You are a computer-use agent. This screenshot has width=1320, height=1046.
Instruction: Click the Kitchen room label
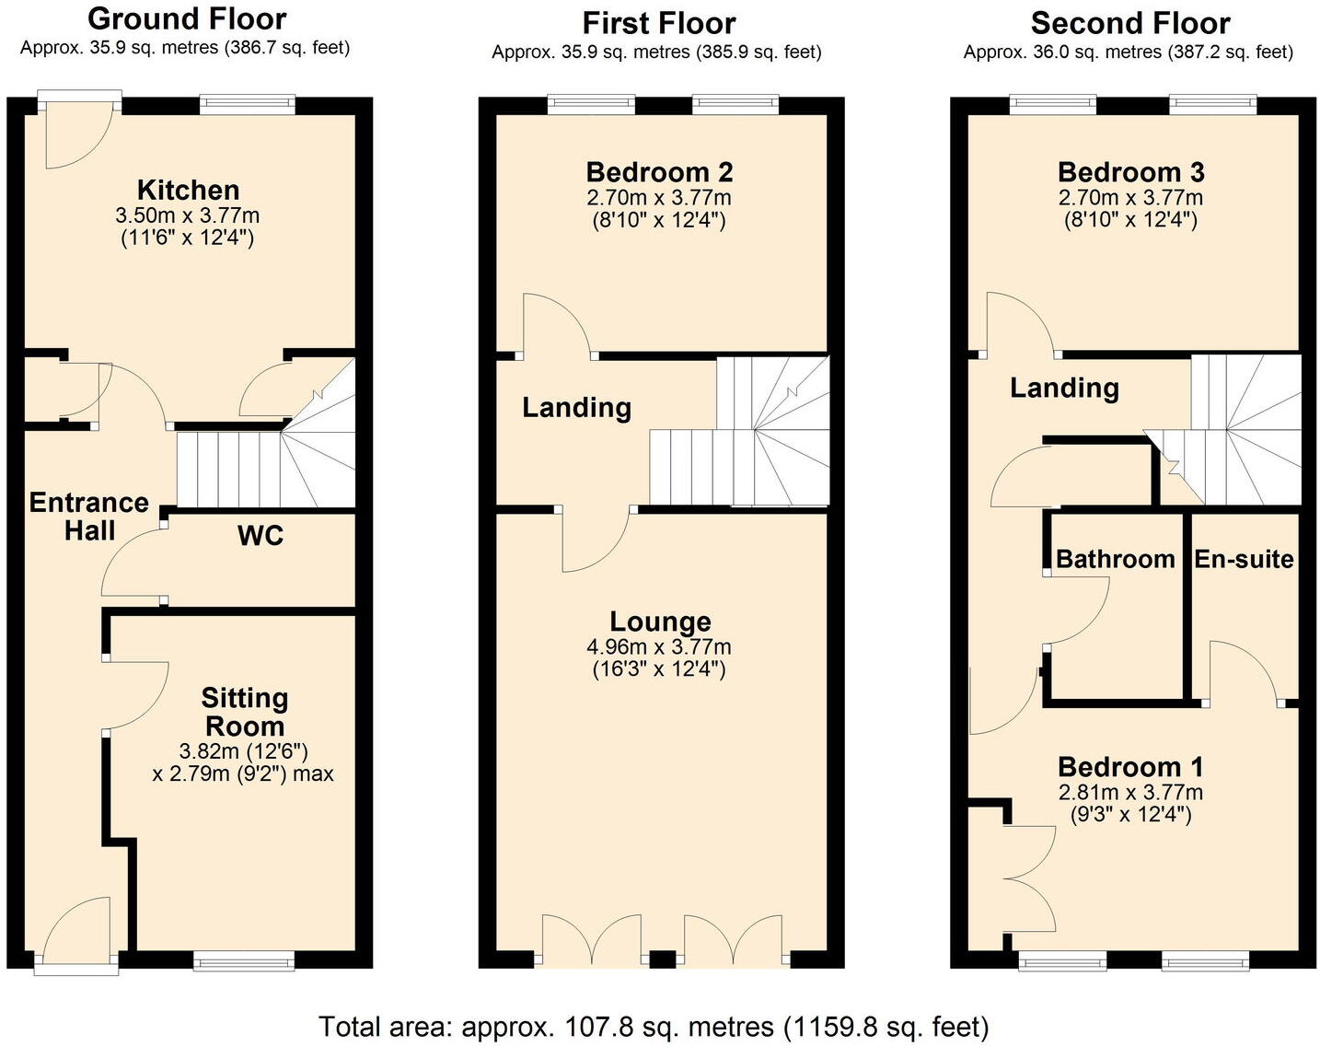point(188,191)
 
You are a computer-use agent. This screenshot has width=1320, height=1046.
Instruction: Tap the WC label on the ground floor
point(261,536)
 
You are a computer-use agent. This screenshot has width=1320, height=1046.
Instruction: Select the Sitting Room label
point(245,712)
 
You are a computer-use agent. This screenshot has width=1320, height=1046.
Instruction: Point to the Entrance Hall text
point(88,517)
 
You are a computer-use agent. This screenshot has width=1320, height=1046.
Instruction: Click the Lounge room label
point(660,622)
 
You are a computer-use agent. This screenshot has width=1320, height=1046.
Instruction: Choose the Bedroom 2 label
point(659,172)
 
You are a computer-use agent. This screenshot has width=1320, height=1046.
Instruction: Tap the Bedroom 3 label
point(1130,172)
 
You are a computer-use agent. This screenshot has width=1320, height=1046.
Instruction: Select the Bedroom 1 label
point(1130,767)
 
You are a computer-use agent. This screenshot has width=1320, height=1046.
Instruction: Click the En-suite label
point(1244,559)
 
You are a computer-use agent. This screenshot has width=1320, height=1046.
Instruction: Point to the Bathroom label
point(1115,559)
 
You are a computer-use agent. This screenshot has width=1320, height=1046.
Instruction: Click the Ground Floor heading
point(187,18)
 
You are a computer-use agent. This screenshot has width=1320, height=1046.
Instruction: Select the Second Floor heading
point(1129,23)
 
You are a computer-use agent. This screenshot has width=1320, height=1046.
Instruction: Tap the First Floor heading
point(659,23)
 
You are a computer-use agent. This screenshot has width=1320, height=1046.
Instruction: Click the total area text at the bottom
point(654,1026)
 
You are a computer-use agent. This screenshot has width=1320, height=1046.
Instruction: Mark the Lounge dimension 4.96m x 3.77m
point(659,647)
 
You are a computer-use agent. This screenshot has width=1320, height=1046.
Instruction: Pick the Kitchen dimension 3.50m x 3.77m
point(188,215)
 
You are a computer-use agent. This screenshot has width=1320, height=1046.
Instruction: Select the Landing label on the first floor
point(576,408)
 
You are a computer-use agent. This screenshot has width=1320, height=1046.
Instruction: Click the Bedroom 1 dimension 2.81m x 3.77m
point(1130,793)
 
